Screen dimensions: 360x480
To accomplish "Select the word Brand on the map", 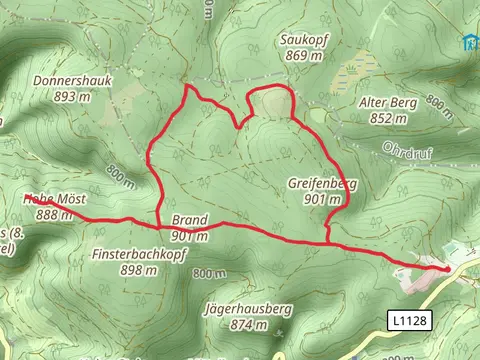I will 189,220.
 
